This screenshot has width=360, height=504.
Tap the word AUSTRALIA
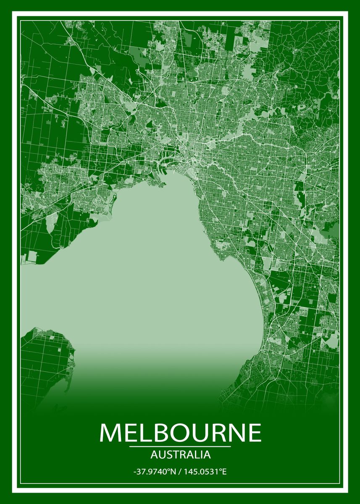pyautogui.click(x=180, y=454)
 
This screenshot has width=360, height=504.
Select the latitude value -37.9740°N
pyautogui.click(x=153, y=472)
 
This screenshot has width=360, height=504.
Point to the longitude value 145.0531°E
pyautogui.click(x=206, y=472)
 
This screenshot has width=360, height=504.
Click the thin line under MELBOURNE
pyautogui.click(x=180, y=446)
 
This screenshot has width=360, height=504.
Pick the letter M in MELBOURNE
pyautogui.click(x=110, y=433)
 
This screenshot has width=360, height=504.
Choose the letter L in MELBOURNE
pyautogui.click(x=143, y=433)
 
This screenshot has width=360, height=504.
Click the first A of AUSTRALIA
pyautogui.click(x=152, y=454)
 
